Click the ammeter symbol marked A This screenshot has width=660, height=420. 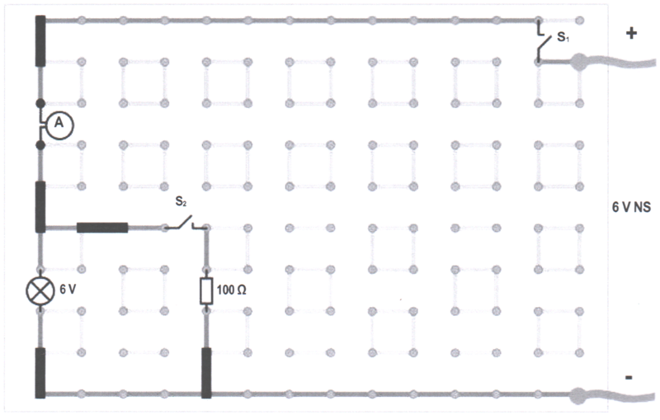click(58, 124)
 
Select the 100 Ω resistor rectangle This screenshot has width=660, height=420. click(206, 290)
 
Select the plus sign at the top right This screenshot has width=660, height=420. click(632, 35)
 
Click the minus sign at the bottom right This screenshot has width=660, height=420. click(629, 376)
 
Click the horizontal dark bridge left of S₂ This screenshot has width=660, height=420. click(102, 227)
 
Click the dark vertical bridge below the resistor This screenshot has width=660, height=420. click(206, 372)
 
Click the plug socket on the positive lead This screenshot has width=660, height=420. click(578, 61)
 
